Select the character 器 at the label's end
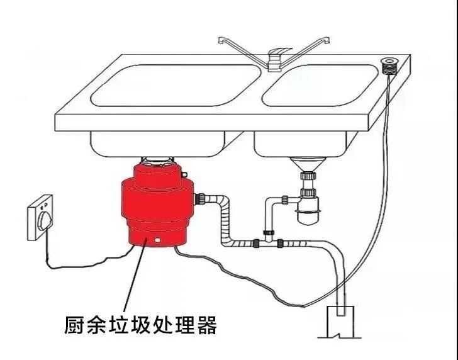pyautogui.click(x=206, y=325)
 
